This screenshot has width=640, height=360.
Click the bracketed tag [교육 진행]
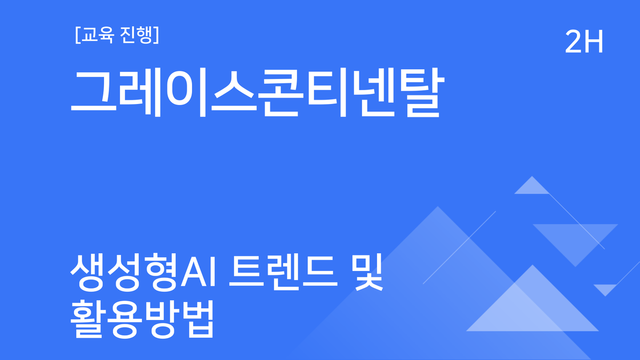tap(115, 35)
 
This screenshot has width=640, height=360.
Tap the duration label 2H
tap(584, 42)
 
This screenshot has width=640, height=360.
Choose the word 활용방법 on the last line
tap(142, 319)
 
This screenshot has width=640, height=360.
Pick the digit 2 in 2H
tap(574, 42)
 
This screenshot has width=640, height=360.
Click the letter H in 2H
tap(594, 42)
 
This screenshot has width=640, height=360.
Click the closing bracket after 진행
tap(155, 35)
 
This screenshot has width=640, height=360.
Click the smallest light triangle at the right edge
tap(605, 289)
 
